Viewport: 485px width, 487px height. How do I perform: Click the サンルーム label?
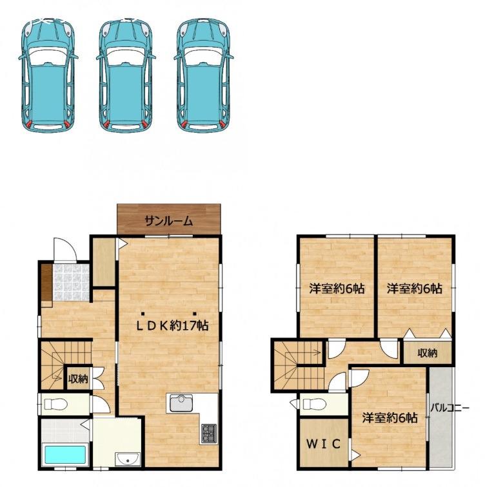[169, 221]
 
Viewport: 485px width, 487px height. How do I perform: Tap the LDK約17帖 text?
[173, 325]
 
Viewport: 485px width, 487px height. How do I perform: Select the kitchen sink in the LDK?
[181, 403]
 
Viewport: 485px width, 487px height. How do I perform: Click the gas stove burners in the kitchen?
[208, 433]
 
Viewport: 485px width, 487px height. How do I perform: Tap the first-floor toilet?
[56, 404]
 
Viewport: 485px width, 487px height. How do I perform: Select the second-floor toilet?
[314, 404]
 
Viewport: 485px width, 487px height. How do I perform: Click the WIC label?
[323, 444]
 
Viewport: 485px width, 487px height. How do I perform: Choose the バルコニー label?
[450, 408]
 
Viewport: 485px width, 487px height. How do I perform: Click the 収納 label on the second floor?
[428, 353]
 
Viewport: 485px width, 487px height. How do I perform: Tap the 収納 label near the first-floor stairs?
[78, 379]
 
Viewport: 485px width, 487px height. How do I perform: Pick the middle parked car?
[126, 75]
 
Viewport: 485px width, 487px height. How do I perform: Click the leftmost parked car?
[48, 75]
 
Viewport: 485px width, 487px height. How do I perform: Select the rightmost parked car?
[204, 75]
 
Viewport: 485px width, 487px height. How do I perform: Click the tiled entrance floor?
[71, 282]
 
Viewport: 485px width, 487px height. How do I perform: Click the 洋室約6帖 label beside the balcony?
[390, 418]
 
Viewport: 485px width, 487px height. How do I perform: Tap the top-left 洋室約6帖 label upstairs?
[337, 289]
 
